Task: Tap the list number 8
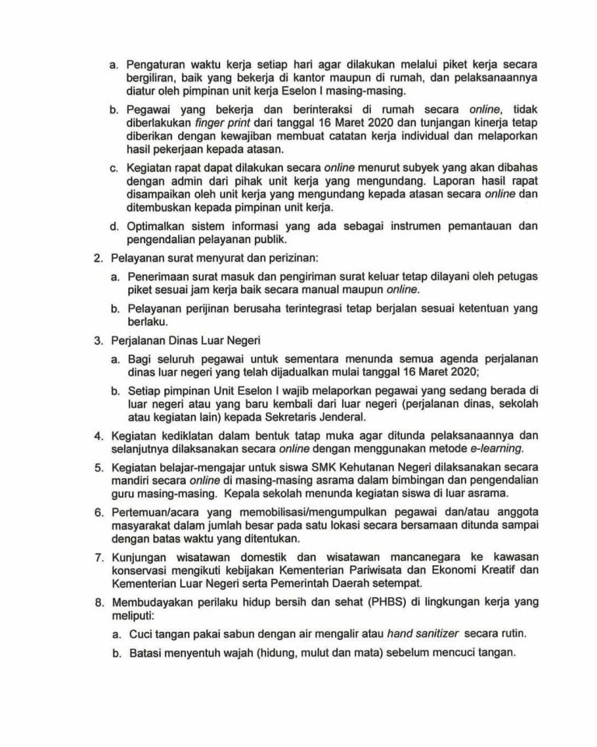click(97, 602)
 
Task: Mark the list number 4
click(97, 435)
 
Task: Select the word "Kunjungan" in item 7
click(142, 557)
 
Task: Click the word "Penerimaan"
click(161, 277)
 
